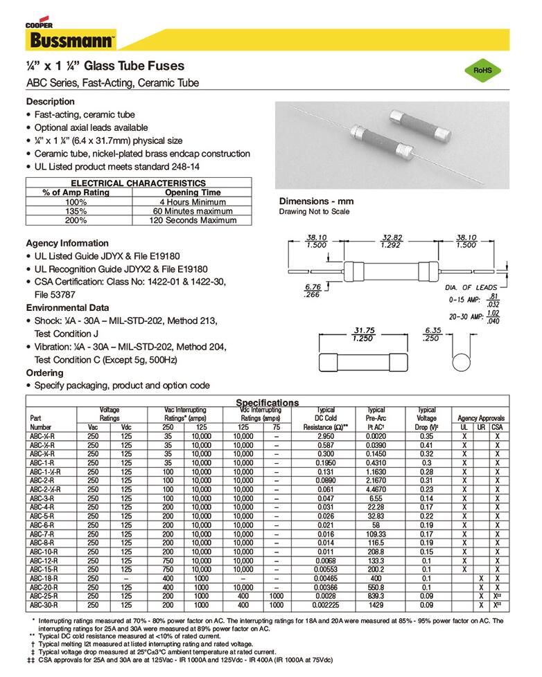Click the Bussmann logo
coord(71,39)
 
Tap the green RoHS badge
coord(482,71)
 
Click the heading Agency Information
coord(67,243)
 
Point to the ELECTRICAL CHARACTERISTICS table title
coord(139,183)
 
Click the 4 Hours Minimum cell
coord(193,201)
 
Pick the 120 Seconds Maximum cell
coord(193,220)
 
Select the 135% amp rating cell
coord(76,211)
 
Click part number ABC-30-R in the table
coord(44,604)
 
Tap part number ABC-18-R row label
coord(44,577)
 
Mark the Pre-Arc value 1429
coord(376,604)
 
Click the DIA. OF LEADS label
coord(471,287)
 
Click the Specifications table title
coord(268,403)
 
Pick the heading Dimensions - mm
coord(316,201)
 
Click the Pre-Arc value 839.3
coord(376,595)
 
